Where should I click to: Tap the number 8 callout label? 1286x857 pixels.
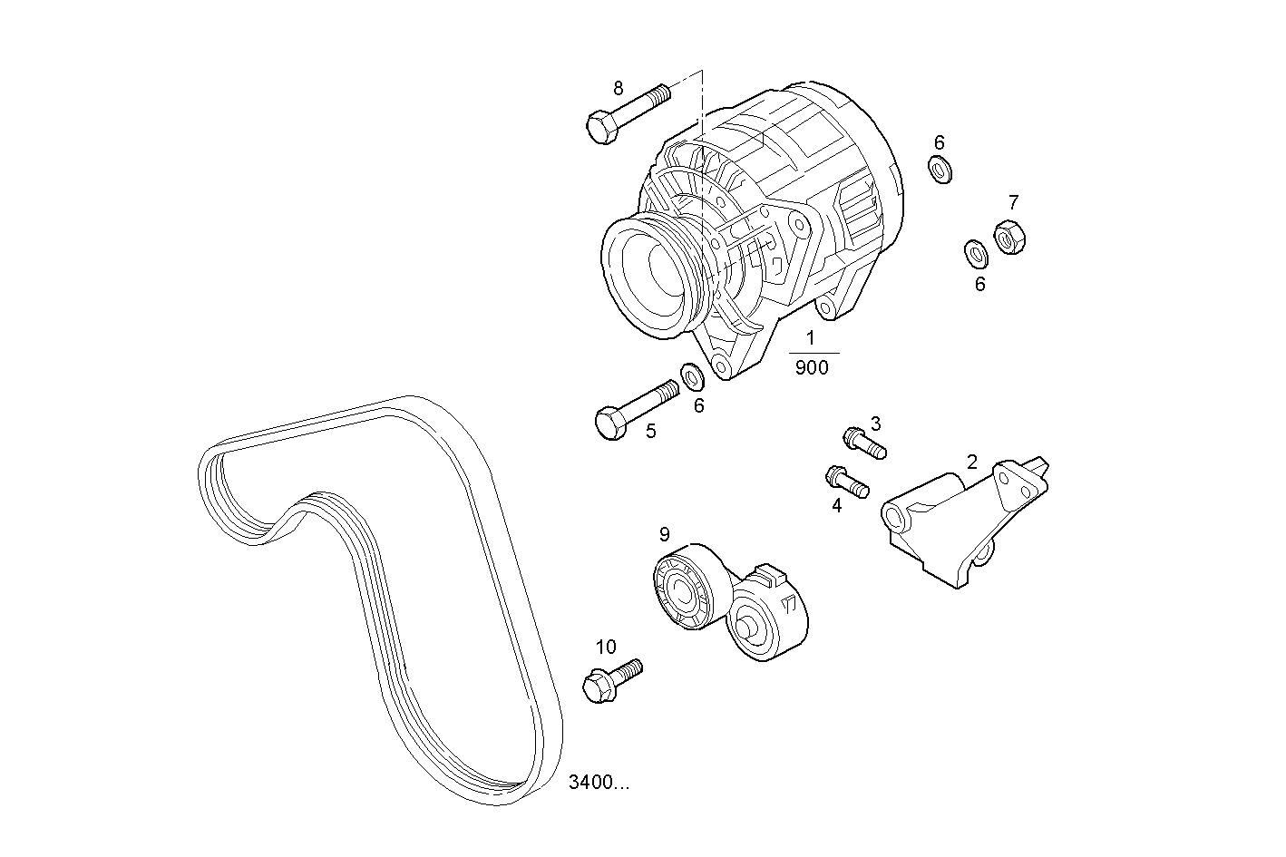pos(619,88)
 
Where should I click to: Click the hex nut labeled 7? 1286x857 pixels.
pos(1009,237)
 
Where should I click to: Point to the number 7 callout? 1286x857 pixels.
pos(1013,201)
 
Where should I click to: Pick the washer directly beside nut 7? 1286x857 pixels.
pos(976,252)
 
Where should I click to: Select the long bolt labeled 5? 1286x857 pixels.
pos(636,409)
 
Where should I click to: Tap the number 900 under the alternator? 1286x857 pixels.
pos(812,368)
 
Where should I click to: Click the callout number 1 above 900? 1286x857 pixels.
pos(811,338)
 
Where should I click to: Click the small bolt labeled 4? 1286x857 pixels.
pos(847,482)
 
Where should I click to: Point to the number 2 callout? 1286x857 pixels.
pos(971,462)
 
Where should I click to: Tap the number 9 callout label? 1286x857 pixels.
pos(664,533)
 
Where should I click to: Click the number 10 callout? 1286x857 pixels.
pos(606,647)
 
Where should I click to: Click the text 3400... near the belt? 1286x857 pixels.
pos(599,783)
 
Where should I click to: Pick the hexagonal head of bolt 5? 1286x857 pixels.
pos(610,424)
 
